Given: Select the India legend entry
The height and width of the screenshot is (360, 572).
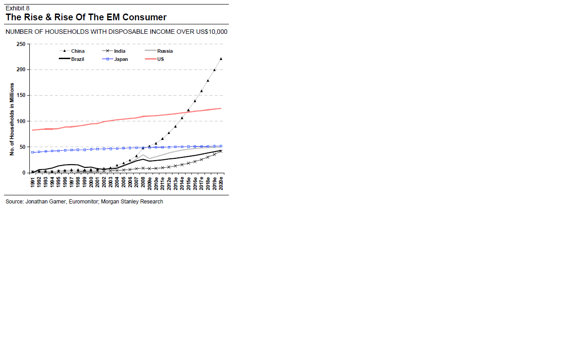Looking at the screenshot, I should click(120, 51).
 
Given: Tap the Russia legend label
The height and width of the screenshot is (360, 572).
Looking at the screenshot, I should click(165, 51).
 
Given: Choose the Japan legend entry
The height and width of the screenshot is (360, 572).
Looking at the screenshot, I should click(121, 59).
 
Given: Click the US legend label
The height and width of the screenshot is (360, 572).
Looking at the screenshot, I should click(160, 59).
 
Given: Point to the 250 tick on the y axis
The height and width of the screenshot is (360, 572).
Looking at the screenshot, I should click(21, 44).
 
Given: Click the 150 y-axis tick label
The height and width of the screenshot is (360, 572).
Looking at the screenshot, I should click(21, 96).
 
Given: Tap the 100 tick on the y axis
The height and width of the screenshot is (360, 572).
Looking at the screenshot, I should click(21, 121).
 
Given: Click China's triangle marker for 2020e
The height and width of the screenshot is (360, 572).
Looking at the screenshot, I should click(221, 59).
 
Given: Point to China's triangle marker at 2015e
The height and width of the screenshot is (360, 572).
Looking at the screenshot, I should click(188, 110).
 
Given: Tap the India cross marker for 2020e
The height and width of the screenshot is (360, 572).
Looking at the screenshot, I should click(221, 151).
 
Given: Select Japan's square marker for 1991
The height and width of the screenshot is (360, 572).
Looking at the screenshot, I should click(33, 152).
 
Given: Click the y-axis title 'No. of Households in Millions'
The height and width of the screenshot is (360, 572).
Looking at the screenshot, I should click(12, 119).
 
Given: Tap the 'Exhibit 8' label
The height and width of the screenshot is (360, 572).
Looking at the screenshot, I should click(18, 8).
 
